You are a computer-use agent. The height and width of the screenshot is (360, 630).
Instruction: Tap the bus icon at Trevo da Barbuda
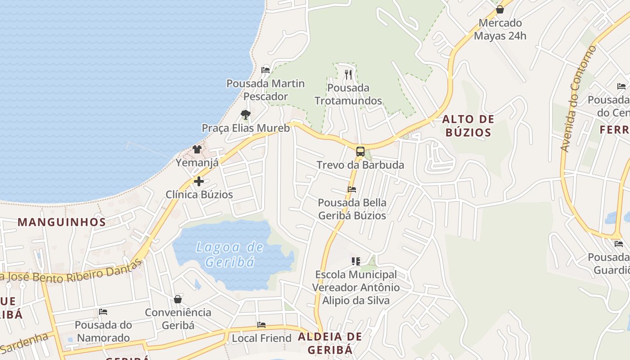(360, 151)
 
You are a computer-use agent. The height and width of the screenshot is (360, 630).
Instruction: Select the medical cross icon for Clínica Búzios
(198, 181)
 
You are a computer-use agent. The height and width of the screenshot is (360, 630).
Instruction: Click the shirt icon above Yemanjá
(197, 149)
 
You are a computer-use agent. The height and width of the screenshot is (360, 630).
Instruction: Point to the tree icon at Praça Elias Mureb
(245, 115)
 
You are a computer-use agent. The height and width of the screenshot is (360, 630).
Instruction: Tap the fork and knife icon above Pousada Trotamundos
(348, 74)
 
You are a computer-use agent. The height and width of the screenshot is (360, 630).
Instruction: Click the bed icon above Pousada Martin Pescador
(265, 70)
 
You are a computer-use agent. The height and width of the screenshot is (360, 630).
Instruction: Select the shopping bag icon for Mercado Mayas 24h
(499, 9)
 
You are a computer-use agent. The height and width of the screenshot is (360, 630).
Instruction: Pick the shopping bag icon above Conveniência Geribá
(178, 299)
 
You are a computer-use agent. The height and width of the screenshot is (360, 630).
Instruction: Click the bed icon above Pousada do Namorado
(103, 311)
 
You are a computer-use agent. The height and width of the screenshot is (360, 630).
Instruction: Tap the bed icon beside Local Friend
(261, 325)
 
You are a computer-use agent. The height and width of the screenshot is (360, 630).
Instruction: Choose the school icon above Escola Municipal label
(356, 261)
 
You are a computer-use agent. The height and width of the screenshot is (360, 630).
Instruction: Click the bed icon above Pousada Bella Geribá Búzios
(352, 189)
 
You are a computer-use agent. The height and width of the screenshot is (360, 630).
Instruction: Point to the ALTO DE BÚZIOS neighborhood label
(468, 126)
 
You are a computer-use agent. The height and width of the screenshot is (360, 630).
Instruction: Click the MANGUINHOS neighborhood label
(62, 222)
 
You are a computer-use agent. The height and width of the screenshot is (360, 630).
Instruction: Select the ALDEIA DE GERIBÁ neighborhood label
(330, 343)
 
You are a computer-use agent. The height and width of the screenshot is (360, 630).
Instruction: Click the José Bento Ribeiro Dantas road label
(72, 272)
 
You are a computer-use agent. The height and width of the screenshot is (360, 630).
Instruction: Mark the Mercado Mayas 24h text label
(500, 29)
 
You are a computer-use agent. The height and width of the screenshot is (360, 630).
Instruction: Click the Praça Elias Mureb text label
(246, 128)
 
